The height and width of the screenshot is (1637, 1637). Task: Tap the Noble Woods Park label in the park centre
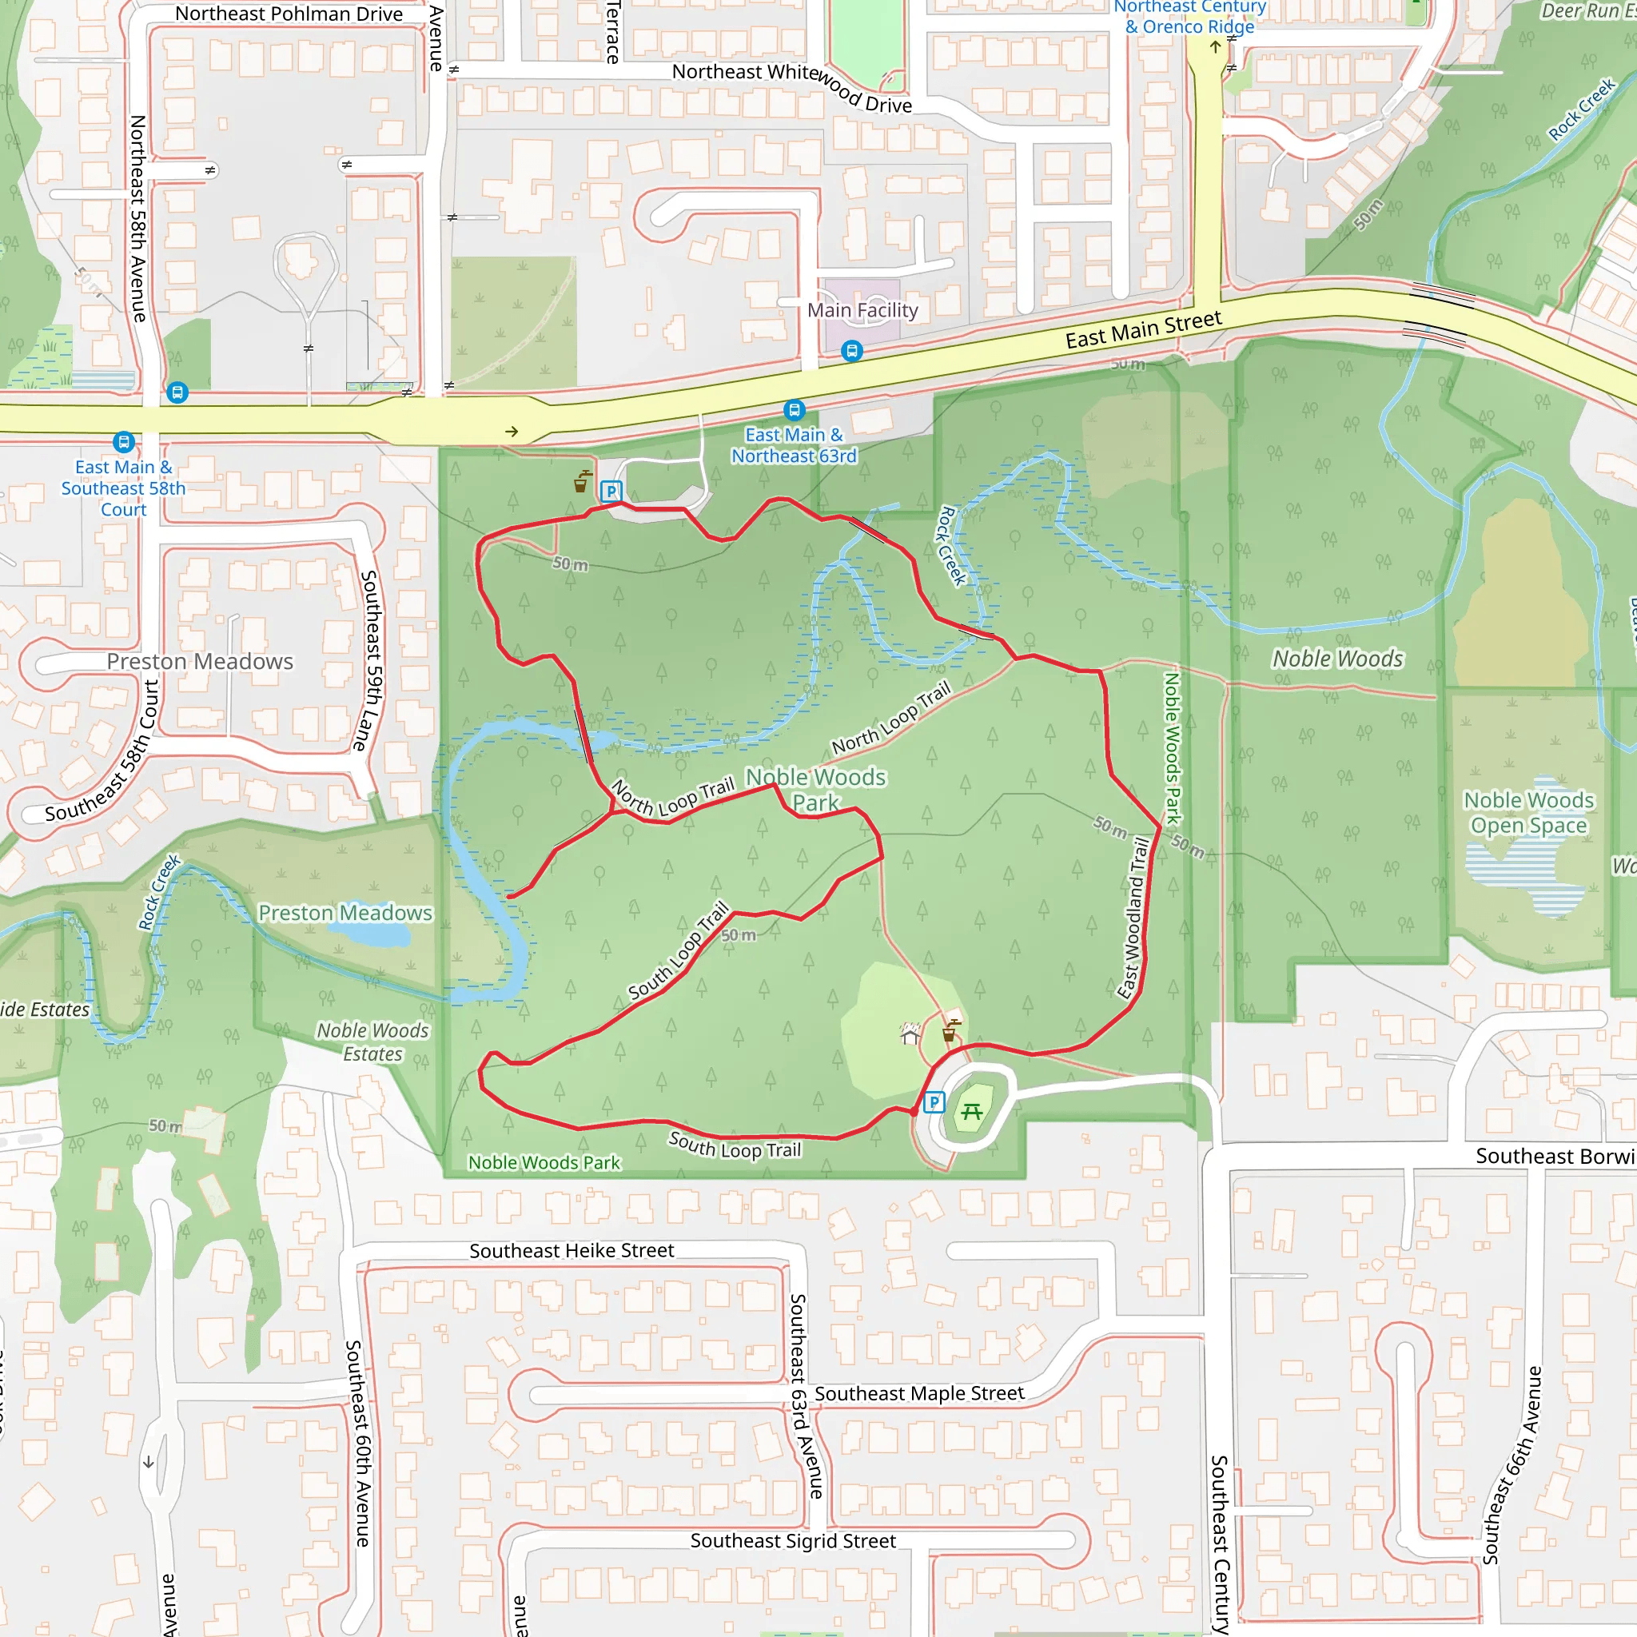[815, 790]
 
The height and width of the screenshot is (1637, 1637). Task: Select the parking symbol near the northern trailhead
[611, 491]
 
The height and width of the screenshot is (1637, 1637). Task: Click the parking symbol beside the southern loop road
[933, 1102]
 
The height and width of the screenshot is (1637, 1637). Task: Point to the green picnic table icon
[972, 1111]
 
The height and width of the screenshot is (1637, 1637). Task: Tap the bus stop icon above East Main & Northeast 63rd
[794, 411]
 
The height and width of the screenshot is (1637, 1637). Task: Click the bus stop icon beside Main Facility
[852, 351]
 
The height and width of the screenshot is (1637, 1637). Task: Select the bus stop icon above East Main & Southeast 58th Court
[124, 441]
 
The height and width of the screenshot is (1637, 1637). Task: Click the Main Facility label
[862, 311]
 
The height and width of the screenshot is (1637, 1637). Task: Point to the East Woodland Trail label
[1133, 918]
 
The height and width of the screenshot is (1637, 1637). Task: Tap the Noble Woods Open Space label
[1528, 813]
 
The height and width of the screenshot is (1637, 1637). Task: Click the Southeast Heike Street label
[572, 1251]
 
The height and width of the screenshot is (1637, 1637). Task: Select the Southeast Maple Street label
[919, 1394]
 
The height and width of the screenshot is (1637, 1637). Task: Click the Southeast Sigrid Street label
[793, 1541]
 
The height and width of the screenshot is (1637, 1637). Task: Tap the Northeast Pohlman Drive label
[289, 14]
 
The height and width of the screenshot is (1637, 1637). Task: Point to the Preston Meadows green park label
[345, 913]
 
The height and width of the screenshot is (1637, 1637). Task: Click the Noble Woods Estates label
[372, 1042]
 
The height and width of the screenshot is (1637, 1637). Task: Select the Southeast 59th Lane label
[368, 661]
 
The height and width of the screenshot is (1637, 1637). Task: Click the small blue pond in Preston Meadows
[370, 934]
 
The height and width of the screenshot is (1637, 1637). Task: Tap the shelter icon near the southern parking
[910, 1034]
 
